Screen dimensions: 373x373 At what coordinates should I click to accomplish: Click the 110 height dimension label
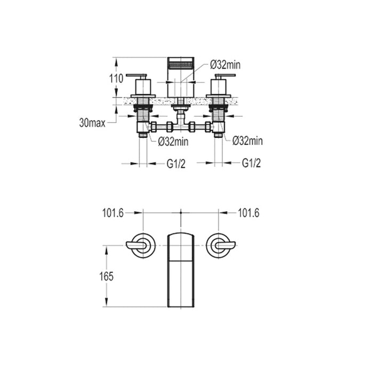[116, 78]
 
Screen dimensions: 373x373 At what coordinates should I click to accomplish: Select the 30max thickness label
[92, 123]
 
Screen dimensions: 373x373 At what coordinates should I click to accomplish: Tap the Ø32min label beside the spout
[225, 64]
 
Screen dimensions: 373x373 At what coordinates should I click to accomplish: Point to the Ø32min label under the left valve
[173, 141]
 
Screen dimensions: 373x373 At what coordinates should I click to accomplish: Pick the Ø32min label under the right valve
[247, 141]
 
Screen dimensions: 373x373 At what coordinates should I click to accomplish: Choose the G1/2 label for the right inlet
[251, 163]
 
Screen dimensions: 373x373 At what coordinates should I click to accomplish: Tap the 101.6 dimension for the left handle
[113, 213]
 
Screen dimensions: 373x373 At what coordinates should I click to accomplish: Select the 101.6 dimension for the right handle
[248, 213]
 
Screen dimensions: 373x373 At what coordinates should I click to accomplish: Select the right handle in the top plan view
[220, 246]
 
